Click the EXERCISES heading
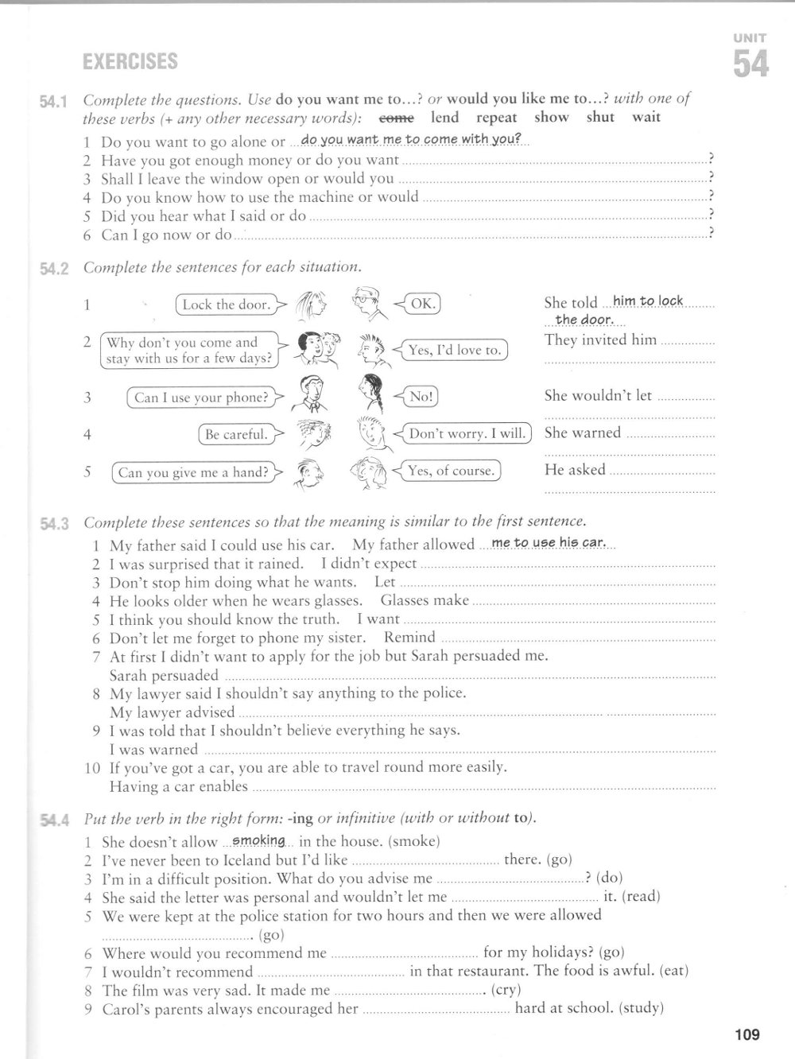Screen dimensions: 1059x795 click(x=130, y=61)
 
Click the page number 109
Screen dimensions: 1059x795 click(x=747, y=1034)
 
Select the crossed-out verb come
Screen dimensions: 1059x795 click(x=397, y=118)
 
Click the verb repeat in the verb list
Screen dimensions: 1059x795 click(x=497, y=118)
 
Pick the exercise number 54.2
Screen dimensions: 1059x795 click(x=55, y=268)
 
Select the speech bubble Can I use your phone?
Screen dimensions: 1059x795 click(x=200, y=398)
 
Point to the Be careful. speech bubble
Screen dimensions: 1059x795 click(x=235, y=434)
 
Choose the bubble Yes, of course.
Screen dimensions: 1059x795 click(x=451, y=471)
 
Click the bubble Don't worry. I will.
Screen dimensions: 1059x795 click(x=467, y=434)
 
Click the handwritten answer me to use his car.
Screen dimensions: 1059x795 click(x=549, y=543)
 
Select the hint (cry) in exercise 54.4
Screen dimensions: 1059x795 click(x=506, y=990)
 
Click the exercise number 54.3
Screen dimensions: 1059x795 click(x=55, y=523)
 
